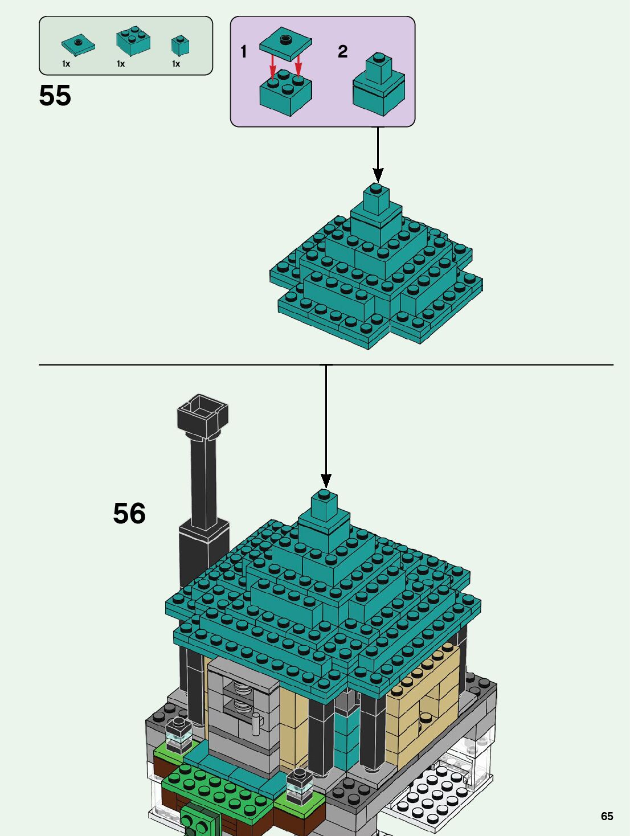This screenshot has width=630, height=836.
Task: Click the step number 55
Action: [x=55, y=96]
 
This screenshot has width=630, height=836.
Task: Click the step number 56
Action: [x=129, y=513]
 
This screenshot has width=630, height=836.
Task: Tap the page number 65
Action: [x=607, y=816]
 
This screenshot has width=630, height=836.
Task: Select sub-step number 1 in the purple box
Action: [x=244, y=51]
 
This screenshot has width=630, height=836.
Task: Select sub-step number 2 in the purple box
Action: [x=342, y=51]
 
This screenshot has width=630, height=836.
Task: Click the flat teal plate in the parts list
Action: [x=78, y=44]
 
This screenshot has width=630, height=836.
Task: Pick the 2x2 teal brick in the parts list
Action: [x=133, y=41]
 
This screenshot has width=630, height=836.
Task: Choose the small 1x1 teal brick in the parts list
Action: [x=180, y=45]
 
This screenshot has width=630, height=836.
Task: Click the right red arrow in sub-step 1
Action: [x=298, y=65]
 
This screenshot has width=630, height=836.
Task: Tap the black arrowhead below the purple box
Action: [x=378, y=175]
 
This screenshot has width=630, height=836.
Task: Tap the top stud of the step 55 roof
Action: [x=376, y=188]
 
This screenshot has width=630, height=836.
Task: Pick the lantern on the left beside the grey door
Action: [x=178, y=734]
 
